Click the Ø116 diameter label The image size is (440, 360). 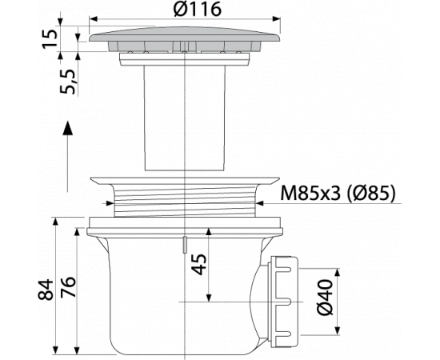pyautogui.click(x=198, y=10)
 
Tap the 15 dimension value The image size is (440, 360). pyautogui.click(x=50, y=38)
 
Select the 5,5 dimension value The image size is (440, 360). pyautogui.click(x=67, y=82)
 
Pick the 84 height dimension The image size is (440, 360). pyautogui.click(x=46, y=290)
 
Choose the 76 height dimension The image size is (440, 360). pyautogui.click(x=69, y=286)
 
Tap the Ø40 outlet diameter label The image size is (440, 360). pyautogui.click(x=325, y=297)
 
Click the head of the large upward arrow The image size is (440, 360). pyautogui.click(x=67, y=128)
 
